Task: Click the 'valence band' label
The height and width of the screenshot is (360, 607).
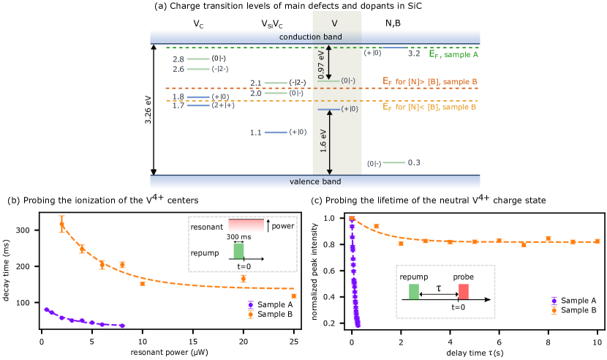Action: click(311, 182)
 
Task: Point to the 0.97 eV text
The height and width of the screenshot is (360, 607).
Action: click(322, 64)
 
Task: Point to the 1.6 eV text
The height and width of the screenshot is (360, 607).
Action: click(323, 142)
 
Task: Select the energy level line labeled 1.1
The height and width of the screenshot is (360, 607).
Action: click(275, 132)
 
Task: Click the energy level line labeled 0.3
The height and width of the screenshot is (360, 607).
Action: click(393, 162)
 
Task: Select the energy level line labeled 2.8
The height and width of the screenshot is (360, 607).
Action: click(198, 59)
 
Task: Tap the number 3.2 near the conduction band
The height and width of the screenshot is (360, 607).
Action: click(413, 53)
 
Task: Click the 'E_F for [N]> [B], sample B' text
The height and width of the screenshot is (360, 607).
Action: click(430, 81)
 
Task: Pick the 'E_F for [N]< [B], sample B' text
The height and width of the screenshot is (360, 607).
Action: click(430, 107)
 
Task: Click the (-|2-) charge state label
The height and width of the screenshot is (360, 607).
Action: click(220, 70)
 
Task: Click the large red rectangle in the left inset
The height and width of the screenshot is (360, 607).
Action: click(246, 226)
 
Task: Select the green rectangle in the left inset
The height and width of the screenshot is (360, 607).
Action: click(238, 251)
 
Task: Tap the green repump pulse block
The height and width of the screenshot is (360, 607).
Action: click(414, 292)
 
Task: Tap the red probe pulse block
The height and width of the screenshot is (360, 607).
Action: click(464, 292)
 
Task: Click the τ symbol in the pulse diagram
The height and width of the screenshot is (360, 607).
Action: click(439, 288)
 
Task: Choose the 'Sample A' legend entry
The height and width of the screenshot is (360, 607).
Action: click(575, 300)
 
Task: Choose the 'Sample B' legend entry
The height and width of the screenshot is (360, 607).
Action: click(575, 310)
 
